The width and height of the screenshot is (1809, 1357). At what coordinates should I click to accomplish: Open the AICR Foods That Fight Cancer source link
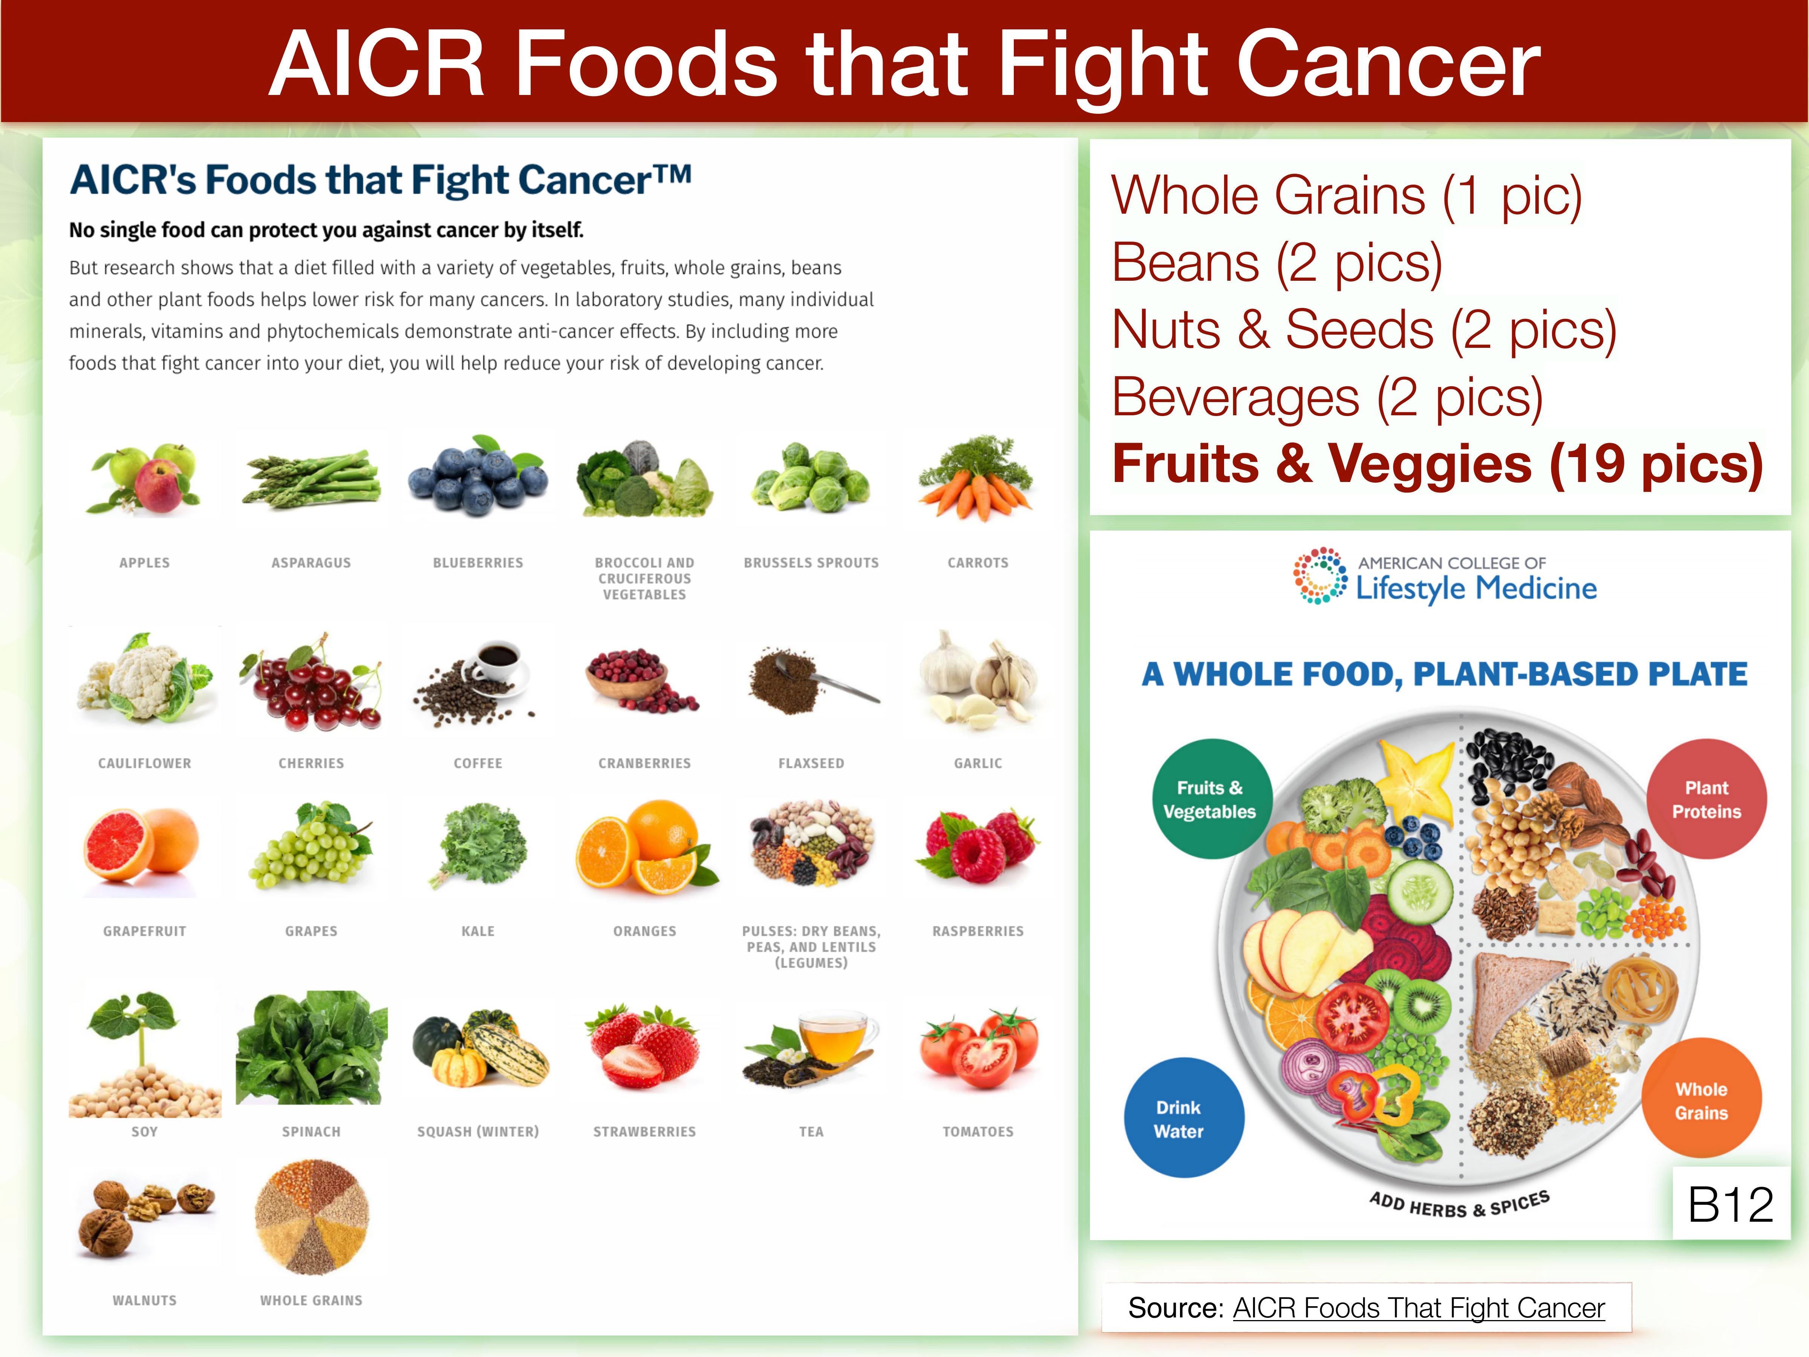[1418, 1308]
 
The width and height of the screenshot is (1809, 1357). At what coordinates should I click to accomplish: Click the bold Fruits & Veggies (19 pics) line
[1437, 464]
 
